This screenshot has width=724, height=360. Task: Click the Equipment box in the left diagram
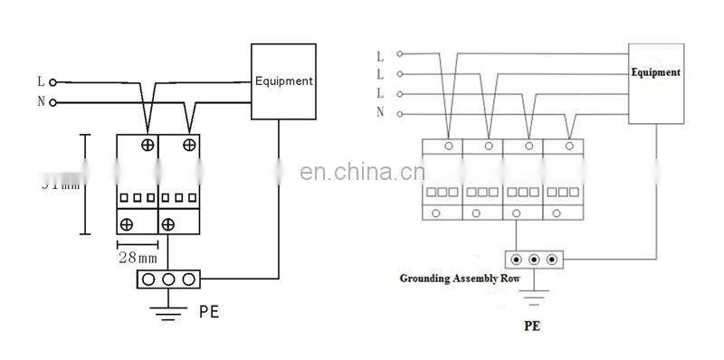[x=283, y=81]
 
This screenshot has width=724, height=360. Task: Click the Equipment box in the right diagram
[x=655, y=83]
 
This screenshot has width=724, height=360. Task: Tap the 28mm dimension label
[x=138, y=256]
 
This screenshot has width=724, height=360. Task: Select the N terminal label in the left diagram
[x=41, y=102]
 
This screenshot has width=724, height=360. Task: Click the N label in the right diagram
[x=379, y=113]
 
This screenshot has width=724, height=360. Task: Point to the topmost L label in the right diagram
[x=379, y=56]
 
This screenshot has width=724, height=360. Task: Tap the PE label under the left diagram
[x=208, y=314]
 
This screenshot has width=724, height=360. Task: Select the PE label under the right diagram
[x=531, y=324]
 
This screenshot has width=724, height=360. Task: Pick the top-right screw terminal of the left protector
[x=189, y=145]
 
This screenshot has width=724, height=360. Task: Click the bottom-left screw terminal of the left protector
[x=127, y=223]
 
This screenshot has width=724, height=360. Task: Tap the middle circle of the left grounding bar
[x=168, y=279]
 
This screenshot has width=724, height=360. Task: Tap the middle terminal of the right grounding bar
[x=534, y=260]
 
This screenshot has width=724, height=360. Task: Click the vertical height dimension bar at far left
[x=87, y=184]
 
